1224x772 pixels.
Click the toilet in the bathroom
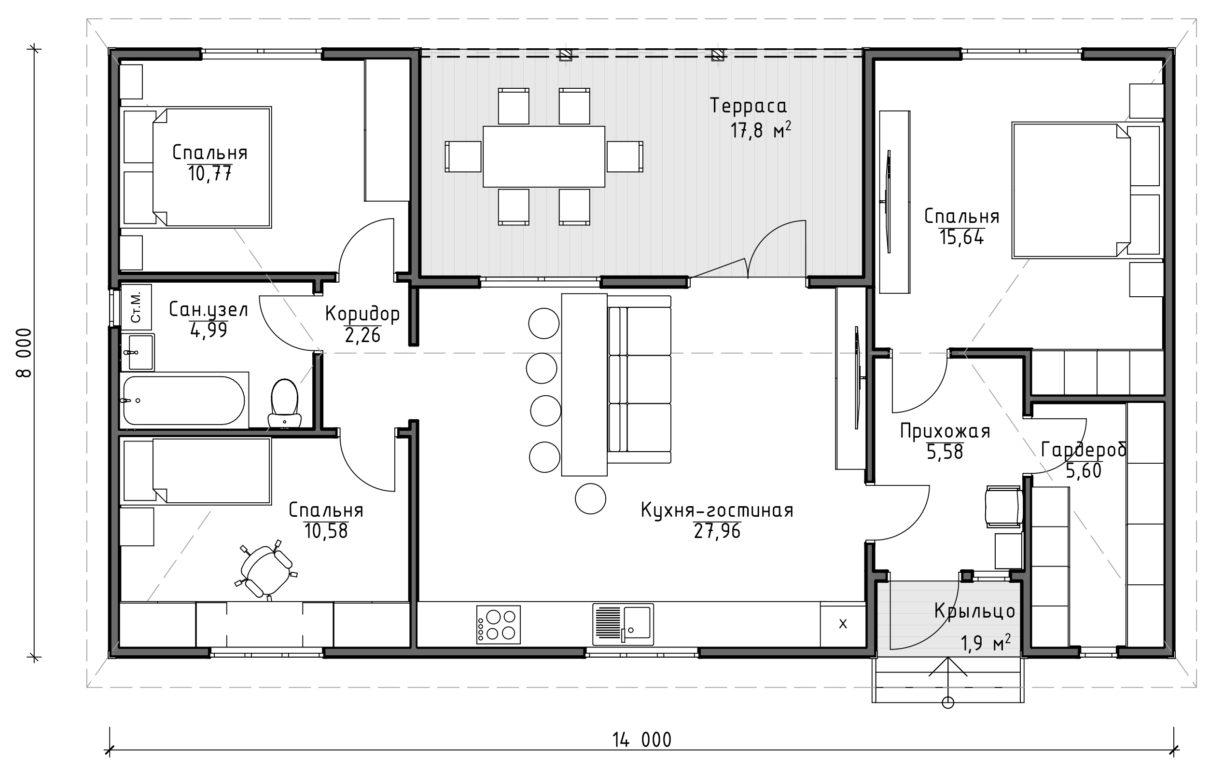point(284,404)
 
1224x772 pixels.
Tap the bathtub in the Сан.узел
point(184,400)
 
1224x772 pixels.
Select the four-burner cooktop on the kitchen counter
point(498,625)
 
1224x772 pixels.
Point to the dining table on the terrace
point(544,156)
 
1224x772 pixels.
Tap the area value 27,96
point(717,531)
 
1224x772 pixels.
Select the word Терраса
point(748,106)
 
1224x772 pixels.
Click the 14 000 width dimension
point(642,740)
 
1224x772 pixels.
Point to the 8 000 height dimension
point(24,353)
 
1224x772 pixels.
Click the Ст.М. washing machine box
point(136,307)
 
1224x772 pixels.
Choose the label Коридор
point(362,314)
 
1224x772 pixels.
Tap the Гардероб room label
point(1084,450)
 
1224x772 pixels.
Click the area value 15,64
point(962,237)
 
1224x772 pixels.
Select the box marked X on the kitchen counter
point(843,625)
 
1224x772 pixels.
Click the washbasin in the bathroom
point(137,352)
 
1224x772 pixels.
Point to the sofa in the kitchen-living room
point(639,379)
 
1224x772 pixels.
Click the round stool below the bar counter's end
point(591,498)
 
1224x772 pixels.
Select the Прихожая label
point(946,431)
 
